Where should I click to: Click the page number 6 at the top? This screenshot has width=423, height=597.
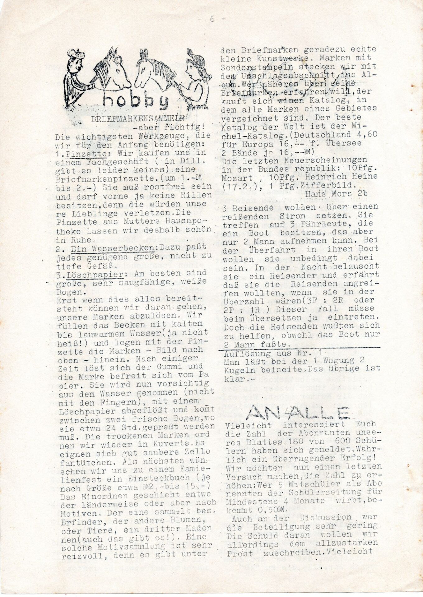pyautogui.click(x=212, y=19)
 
